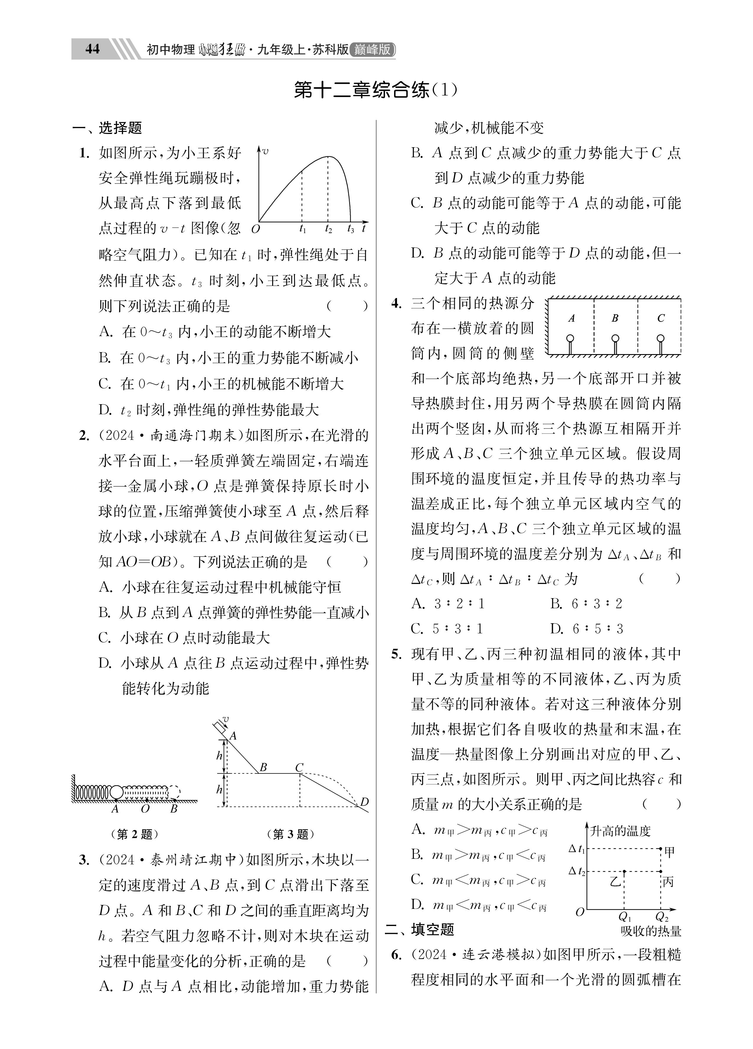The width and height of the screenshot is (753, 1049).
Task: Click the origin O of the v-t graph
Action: (255, 228)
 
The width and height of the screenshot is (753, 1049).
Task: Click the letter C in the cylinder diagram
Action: (660, 318)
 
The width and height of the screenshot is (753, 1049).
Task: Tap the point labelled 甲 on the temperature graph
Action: (660, 849)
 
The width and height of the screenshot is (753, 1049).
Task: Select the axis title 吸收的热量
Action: (651, 931)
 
